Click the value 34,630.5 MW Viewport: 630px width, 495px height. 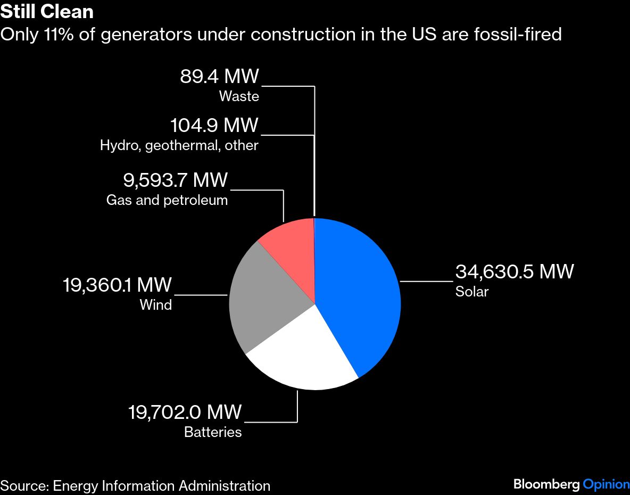[x=515, y=271]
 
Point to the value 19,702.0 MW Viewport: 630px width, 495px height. [x=185, y=412]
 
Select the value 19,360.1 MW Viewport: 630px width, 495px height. [x=118, y=285]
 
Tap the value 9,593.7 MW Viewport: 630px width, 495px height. [x=175, y=180]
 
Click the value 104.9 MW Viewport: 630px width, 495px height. [x=214, y=126]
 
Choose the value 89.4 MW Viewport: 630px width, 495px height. [x=219, y=77]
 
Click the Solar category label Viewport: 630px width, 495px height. [x=471, y=292]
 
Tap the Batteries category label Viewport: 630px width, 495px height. [x=213, y=432]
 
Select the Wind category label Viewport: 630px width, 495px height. [x=156, y=305]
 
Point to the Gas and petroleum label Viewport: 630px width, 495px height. [x=167, y=200]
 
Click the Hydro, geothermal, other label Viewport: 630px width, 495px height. [x=179, y=145]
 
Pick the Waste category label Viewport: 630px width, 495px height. [x=239, y=96]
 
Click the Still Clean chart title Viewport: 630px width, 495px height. [x=47, y=12]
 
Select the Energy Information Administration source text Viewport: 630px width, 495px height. [x=162, y=485]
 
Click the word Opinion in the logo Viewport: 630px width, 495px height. [x=606, y=484]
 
